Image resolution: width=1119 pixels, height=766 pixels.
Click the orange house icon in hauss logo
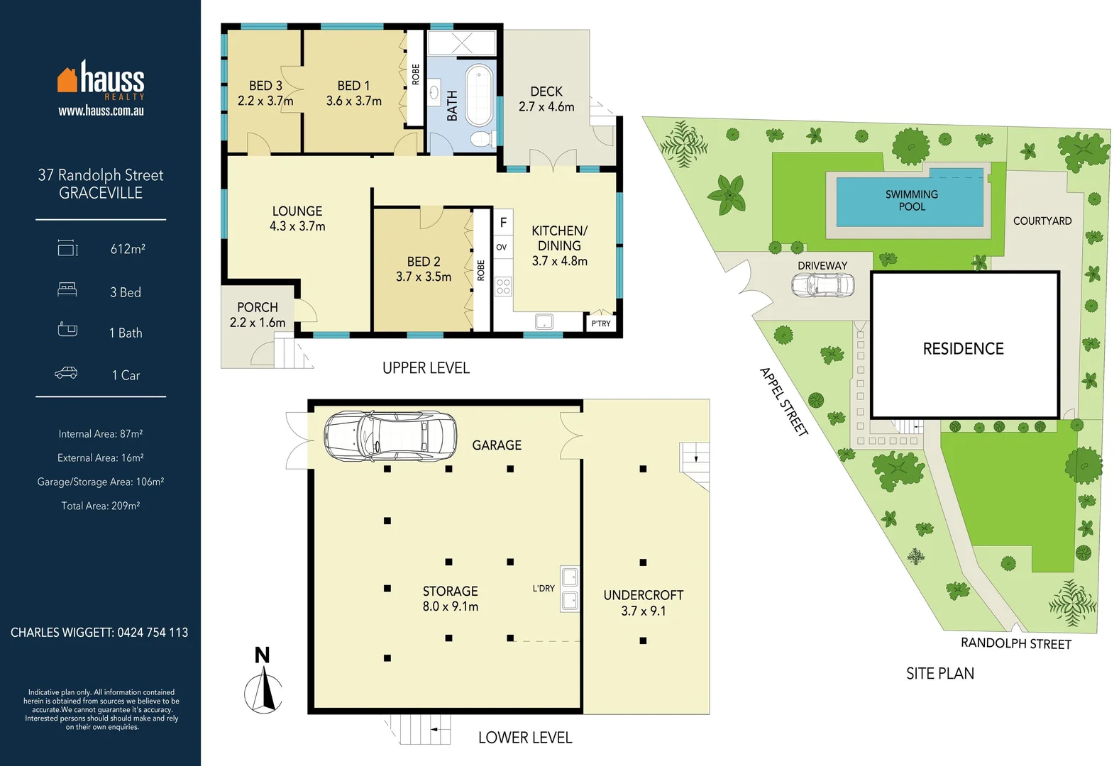click(67, 80)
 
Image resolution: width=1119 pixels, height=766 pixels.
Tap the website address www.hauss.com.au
click(101, 111)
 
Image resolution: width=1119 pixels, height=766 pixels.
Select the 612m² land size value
click(128, 249)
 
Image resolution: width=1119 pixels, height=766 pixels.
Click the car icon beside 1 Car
click(66, 373)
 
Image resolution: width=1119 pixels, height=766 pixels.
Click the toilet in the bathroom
click(483, 138)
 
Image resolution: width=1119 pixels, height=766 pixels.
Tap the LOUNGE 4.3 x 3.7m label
click(297, 218)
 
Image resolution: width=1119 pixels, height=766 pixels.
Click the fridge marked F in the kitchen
click(503, 223)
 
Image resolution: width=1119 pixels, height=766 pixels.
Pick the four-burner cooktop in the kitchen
click(503, 287)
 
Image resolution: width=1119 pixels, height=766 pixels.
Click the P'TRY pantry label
click(600, 323)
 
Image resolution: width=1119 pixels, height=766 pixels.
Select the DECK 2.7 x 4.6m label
click(546, 99)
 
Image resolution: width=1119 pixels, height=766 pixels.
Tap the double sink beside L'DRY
click(570, 589)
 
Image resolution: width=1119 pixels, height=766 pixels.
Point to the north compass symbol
click(263, 684)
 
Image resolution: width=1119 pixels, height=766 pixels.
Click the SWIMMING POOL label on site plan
click(911, 200)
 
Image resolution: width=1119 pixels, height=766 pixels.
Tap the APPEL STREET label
click(783, 401)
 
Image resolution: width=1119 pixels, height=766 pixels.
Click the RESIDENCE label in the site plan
click(963, 349)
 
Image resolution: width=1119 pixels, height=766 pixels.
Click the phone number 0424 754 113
click(153, 633)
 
